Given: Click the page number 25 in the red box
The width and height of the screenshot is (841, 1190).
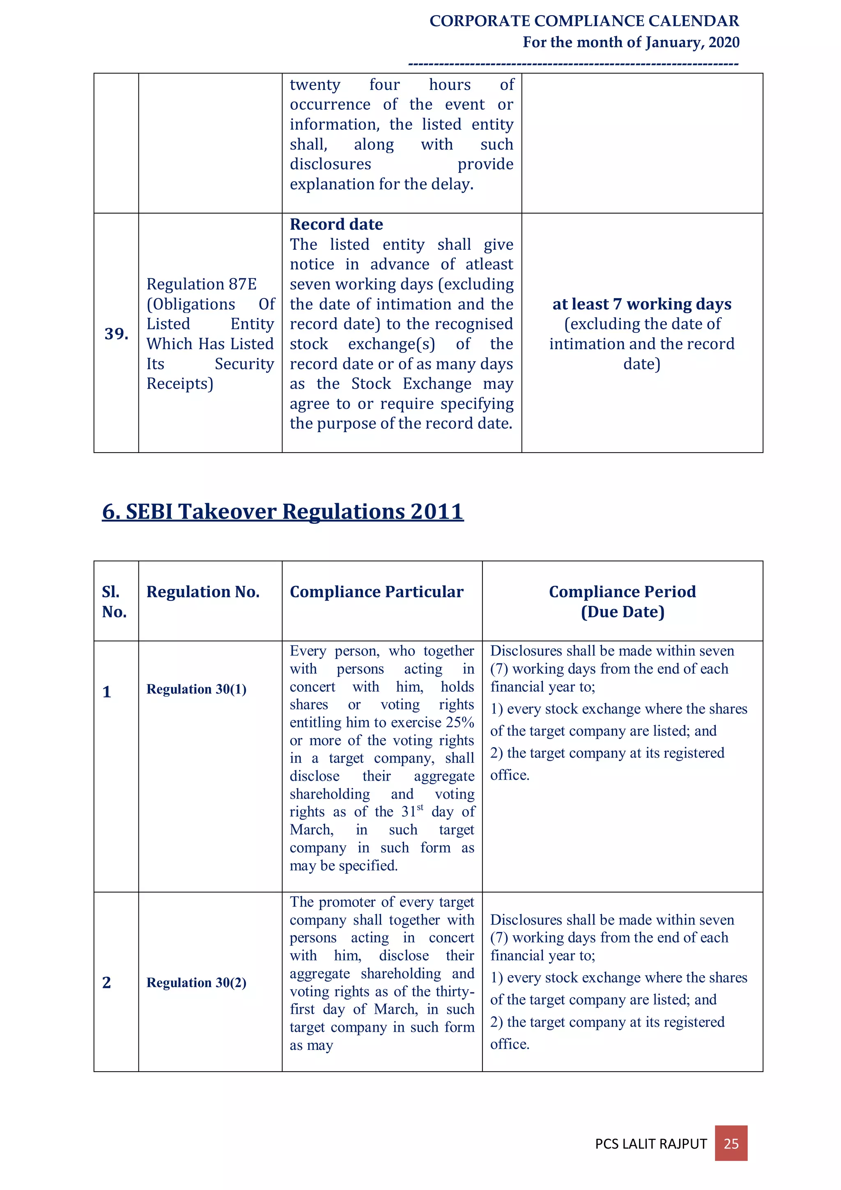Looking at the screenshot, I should click(731, 1143).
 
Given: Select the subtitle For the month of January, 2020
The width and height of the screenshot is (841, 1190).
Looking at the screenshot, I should click(631, 42).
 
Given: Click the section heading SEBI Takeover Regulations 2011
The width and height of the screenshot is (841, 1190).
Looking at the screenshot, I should click(283, 511).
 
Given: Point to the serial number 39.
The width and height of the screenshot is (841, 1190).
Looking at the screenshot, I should click(116, 334).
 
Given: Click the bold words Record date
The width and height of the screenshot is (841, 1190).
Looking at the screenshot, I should click(336, 224).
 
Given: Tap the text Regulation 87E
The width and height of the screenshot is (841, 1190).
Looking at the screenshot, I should click(202, 284).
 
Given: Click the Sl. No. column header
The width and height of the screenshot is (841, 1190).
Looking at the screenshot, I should click(114, 601).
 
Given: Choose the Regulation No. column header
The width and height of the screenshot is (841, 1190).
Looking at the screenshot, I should click(202, 592).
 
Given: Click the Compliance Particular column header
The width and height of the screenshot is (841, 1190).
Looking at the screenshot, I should click(376, 592).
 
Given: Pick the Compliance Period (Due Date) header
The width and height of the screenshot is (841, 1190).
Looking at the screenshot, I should click(622, 601).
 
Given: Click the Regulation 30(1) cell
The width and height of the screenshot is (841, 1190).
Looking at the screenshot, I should click(196, 689).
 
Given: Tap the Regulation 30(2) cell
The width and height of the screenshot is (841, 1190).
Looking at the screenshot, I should click(196, 982).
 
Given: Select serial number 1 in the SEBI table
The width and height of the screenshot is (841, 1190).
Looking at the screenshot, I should click(107, 692).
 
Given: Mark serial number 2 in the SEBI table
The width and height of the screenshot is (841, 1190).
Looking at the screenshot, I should click(107, 982).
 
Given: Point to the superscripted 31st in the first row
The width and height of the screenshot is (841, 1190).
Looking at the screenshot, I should click(412, 811).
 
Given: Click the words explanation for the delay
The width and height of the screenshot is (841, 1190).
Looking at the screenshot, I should click(381, 184).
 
